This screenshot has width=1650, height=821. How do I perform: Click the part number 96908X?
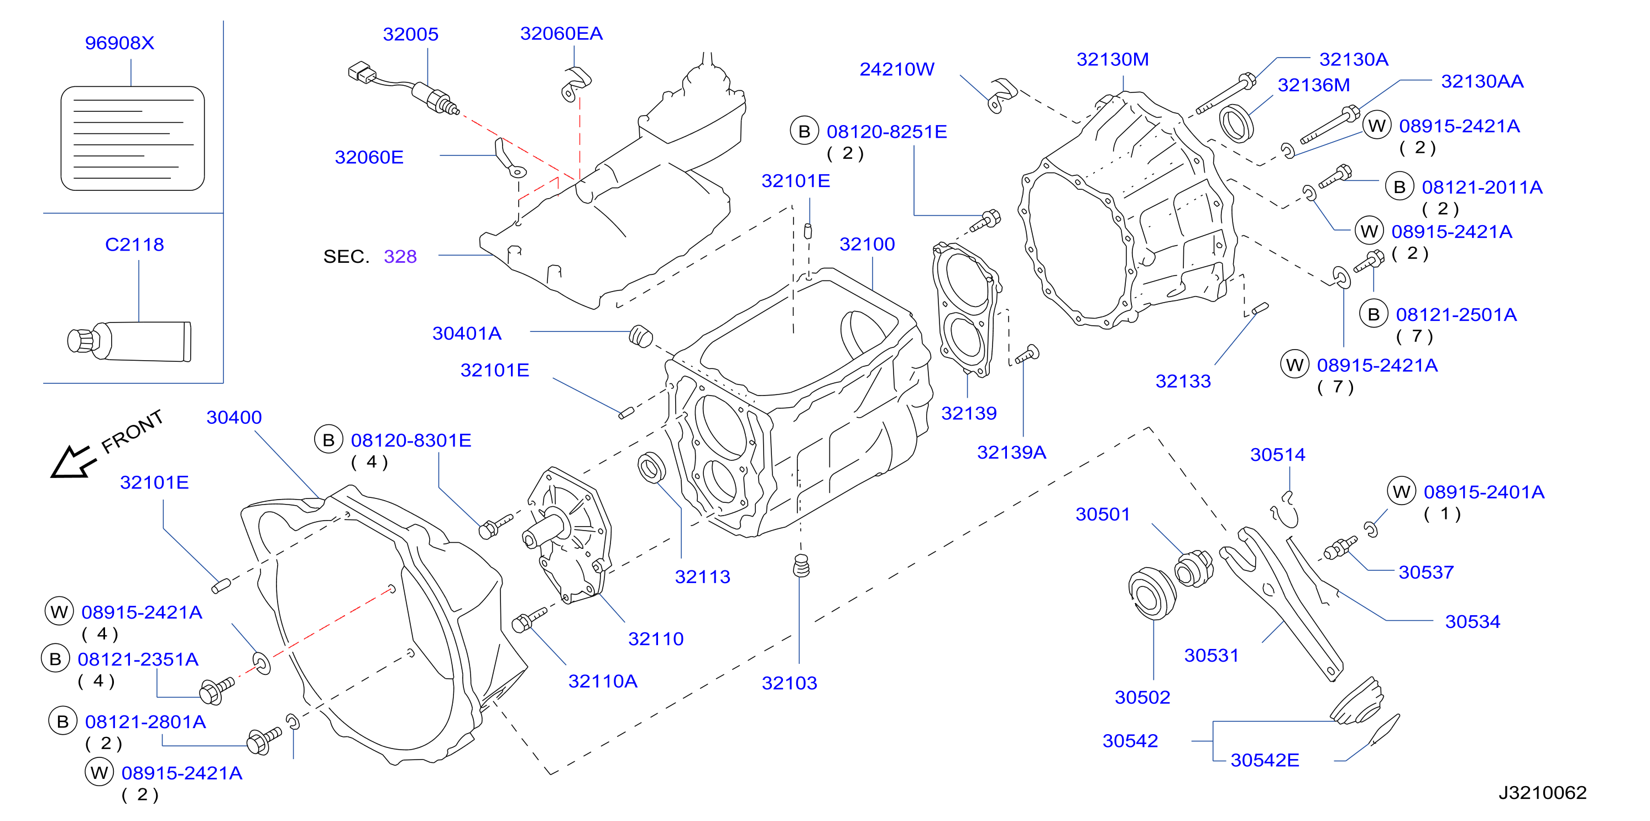point(120,43)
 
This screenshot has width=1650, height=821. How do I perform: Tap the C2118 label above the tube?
point(134,244)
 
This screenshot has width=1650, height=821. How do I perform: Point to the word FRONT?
point(133,432)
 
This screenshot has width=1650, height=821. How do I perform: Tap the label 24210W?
point(897,69)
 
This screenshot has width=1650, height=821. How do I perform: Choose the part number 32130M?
point(1113,60)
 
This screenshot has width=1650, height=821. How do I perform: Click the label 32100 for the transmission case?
point(867,244)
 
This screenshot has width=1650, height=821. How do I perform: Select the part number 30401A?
point(467,333)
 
